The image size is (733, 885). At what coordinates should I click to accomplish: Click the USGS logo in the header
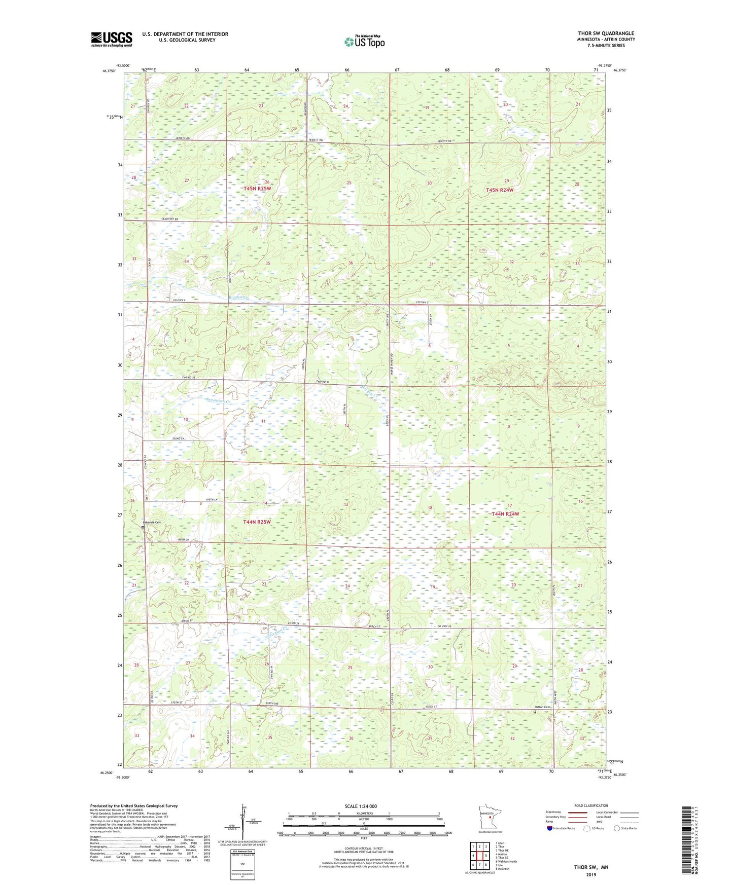pos(112,39)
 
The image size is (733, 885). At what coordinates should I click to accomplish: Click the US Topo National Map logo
pos(364,42)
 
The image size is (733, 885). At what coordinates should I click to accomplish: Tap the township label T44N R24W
pos(505,514)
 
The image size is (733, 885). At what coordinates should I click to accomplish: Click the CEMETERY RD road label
pos(171,219)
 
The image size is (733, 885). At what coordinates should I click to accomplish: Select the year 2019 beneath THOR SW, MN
pos(590,874)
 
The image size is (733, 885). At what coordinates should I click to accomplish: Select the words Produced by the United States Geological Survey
pos(134,805)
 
